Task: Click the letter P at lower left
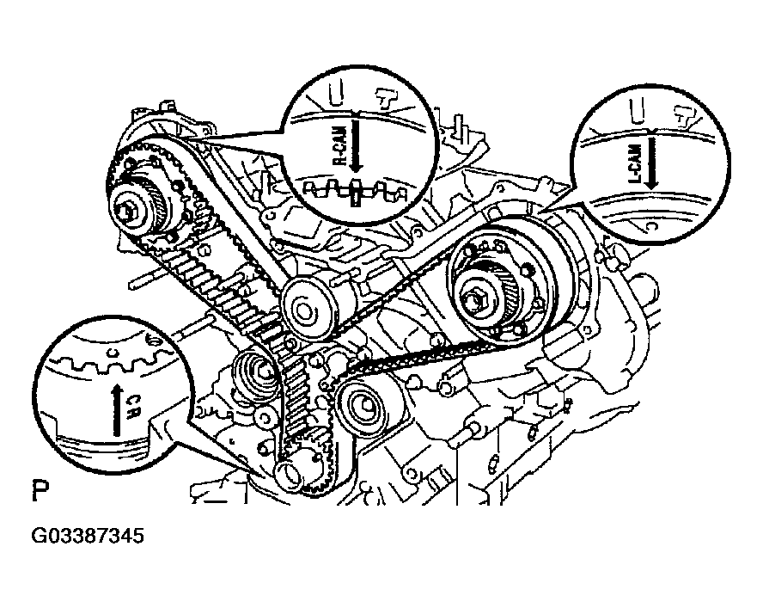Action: point(40,493)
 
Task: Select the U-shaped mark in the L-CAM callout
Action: point(637,108)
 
